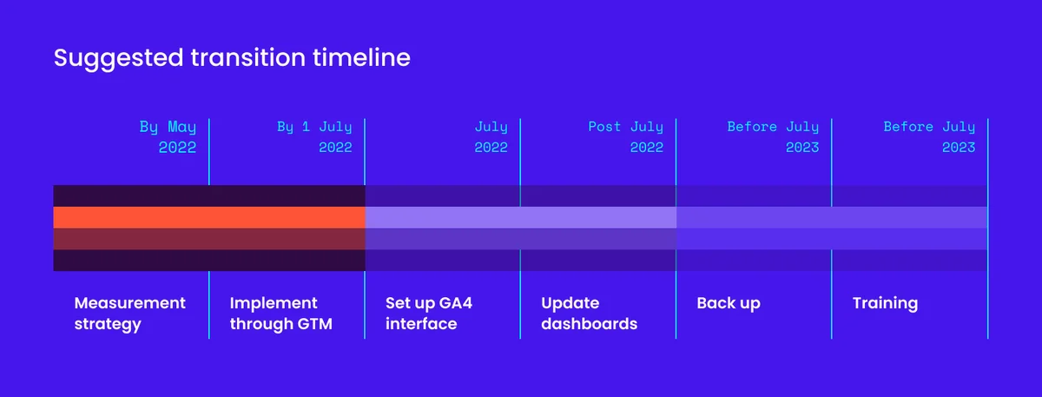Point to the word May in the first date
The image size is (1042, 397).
182,128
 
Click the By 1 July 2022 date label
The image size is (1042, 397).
314,137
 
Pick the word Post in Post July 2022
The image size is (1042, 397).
604,128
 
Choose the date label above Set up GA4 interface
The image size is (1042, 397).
491,137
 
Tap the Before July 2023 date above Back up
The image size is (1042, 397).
773,137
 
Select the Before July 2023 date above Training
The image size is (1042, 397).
929,137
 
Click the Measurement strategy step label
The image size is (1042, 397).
129,314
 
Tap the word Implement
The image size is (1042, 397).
274,303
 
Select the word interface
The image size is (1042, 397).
421,325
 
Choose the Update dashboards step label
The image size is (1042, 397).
589,314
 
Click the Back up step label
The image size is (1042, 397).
728,303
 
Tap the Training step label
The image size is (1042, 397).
885,304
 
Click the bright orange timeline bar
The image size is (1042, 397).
208,217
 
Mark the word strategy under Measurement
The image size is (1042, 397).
108,325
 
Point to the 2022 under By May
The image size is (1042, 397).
177,148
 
